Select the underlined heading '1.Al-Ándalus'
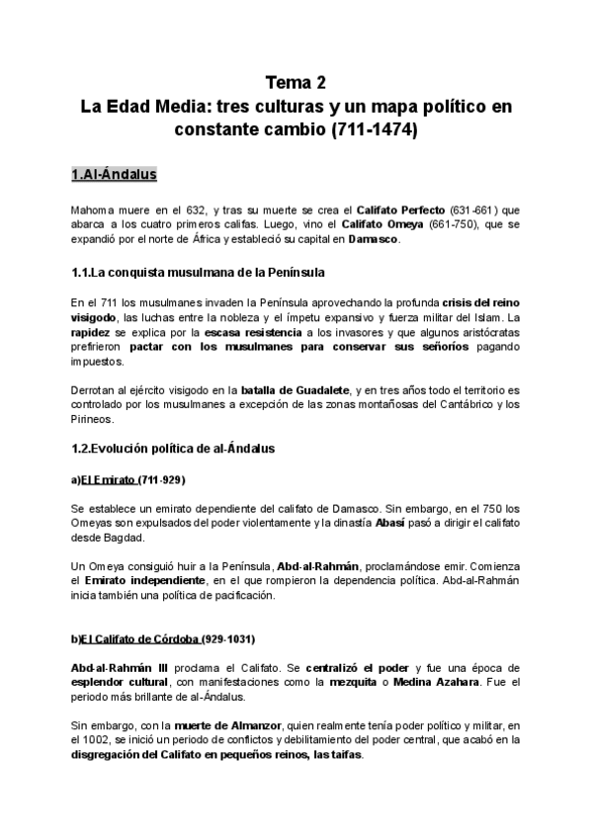pos(115,175)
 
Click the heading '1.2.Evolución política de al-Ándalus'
pos(173,449)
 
